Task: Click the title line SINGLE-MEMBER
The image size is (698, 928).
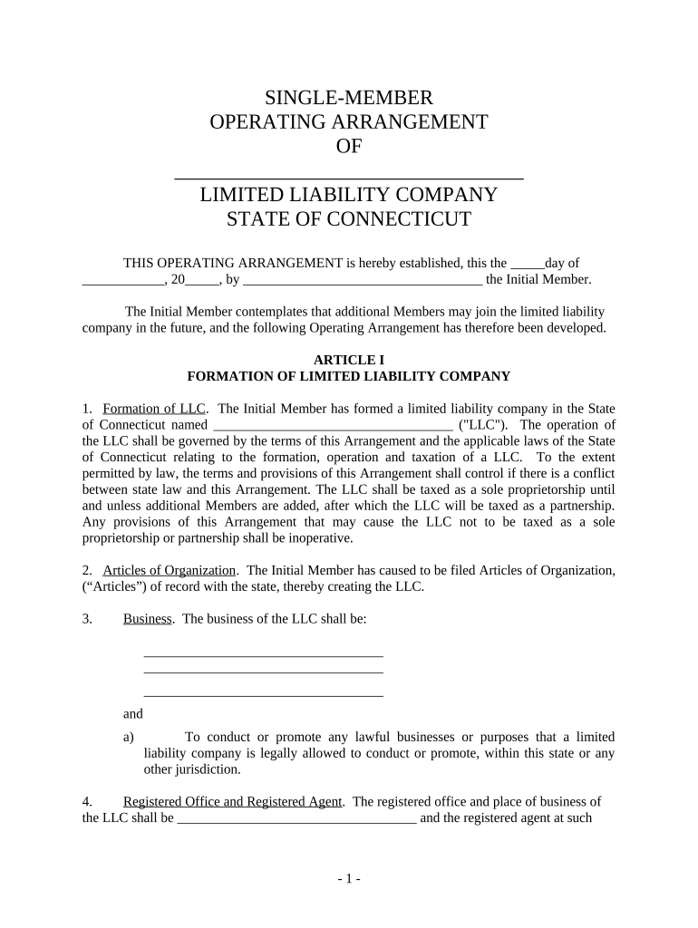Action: click(348, 97)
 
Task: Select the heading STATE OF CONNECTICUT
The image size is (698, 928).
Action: click(348, 219)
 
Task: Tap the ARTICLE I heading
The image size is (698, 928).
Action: click(348, 359)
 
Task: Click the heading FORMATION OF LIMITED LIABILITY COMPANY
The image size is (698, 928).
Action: click(348, 375)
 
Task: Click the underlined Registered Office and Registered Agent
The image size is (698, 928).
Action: click(232, 801)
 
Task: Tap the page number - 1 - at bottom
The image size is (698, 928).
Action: click(348, 878)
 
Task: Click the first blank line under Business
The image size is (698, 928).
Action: click(263, 653)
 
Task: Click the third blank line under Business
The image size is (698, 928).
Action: click(263, 695)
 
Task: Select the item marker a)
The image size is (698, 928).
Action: click(129, 737)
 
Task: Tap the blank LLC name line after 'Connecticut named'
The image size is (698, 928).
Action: click(332, 425)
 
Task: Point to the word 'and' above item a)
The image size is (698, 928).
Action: click(133, 714)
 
